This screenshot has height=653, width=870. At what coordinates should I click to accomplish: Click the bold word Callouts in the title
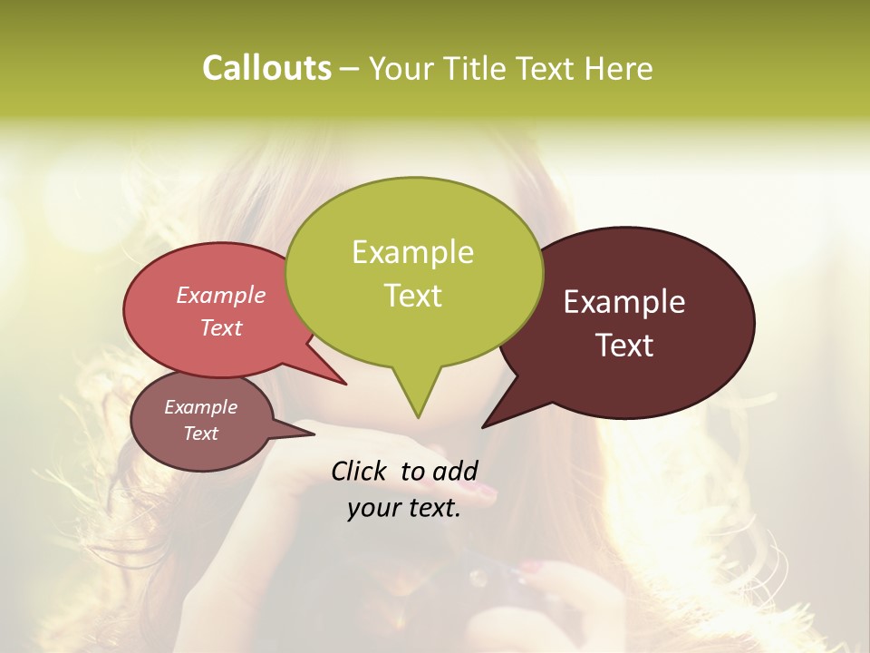pyautogui.click(x=266, y=68)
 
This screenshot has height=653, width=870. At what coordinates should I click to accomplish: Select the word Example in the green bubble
pyautogui.click(x=412, y=252)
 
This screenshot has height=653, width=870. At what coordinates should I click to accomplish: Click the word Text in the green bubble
pyautogui.click(x=412, y=296)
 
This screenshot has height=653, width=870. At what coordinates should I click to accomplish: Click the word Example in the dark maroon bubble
pyautogui.click(x=624, y=302)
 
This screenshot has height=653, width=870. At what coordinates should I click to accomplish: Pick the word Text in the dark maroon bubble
pyautogui.click(x=624, y=346)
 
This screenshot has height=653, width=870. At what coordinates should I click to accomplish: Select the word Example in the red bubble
pyautogui.click(x=220, y=296)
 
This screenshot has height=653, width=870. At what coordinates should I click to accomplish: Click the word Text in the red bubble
pyautogui.click(x=220, y=328)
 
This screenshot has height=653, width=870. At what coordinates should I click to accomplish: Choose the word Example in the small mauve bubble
pyautogui.click(x=200, y=407)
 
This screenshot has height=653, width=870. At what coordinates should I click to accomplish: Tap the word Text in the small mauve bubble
pyautogui.click(x=200, y=434)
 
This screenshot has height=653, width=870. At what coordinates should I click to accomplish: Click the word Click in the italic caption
pyautogui.click(x=360, y=471)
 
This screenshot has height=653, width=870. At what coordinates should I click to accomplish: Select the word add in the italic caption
pyautogui.click(x=454, y=471)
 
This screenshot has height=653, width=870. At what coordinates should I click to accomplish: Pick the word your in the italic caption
pyautogui.click(x=372, y=508)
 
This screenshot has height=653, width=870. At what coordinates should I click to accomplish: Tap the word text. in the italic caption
pyautogui.click(x=430, y=508)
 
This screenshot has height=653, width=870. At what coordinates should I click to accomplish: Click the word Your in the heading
pyautogui.click(x=402, y=68)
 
